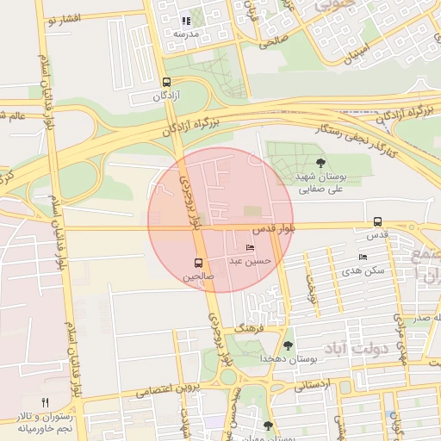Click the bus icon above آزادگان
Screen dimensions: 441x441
[167, 84]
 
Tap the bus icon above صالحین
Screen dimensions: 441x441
[199, 263]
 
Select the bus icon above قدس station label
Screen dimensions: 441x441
[378, 221]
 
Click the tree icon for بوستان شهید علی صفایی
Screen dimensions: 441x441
[321, 162]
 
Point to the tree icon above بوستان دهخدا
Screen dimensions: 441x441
[288, 345]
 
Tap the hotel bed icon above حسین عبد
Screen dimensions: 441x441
[251, 248]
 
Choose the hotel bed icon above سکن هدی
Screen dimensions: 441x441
[363, 257]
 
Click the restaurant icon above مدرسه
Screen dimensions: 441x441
[185, 20]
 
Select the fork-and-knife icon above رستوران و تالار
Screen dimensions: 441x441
[45, 402]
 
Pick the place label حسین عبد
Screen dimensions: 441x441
[250, 260]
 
